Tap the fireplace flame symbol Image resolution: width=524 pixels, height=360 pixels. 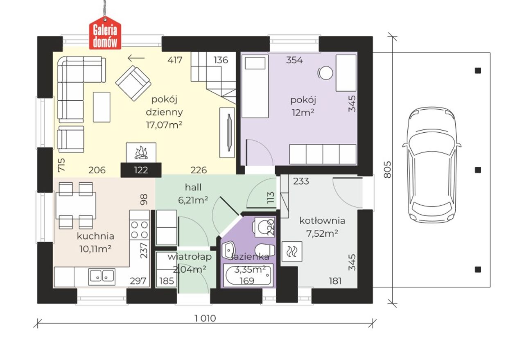[x=141, y=153]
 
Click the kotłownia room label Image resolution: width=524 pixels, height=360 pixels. [x=322, y=221]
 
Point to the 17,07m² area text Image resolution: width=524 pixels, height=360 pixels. [x=164, y=125]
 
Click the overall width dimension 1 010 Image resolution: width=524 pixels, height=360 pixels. [x=205, y=318]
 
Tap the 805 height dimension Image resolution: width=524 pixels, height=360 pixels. [x=387, y=170]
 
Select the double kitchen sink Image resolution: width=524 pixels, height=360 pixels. [x=102, y=277]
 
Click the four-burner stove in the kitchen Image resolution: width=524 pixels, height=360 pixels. [x=140, y=230]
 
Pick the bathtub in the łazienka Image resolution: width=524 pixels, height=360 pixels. [x=248, y=275]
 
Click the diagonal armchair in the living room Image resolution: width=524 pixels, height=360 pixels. [x=133, y=83]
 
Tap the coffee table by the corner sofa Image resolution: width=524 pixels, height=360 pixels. [x=102, y=107]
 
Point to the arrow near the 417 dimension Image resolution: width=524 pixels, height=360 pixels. [x=136, y=58]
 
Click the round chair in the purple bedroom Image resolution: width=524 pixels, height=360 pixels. [x=325, y=73]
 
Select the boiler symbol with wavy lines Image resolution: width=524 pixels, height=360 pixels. [x=292, y=251]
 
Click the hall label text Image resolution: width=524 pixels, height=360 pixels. [x=193, y=187]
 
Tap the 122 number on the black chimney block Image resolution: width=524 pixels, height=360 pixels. [x=141, y=170]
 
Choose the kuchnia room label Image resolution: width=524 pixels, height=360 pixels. [x=95, y=236]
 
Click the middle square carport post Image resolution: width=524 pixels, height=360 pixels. [x=478, y=170]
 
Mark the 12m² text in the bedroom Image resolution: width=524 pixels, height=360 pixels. [x=303, y=113]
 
